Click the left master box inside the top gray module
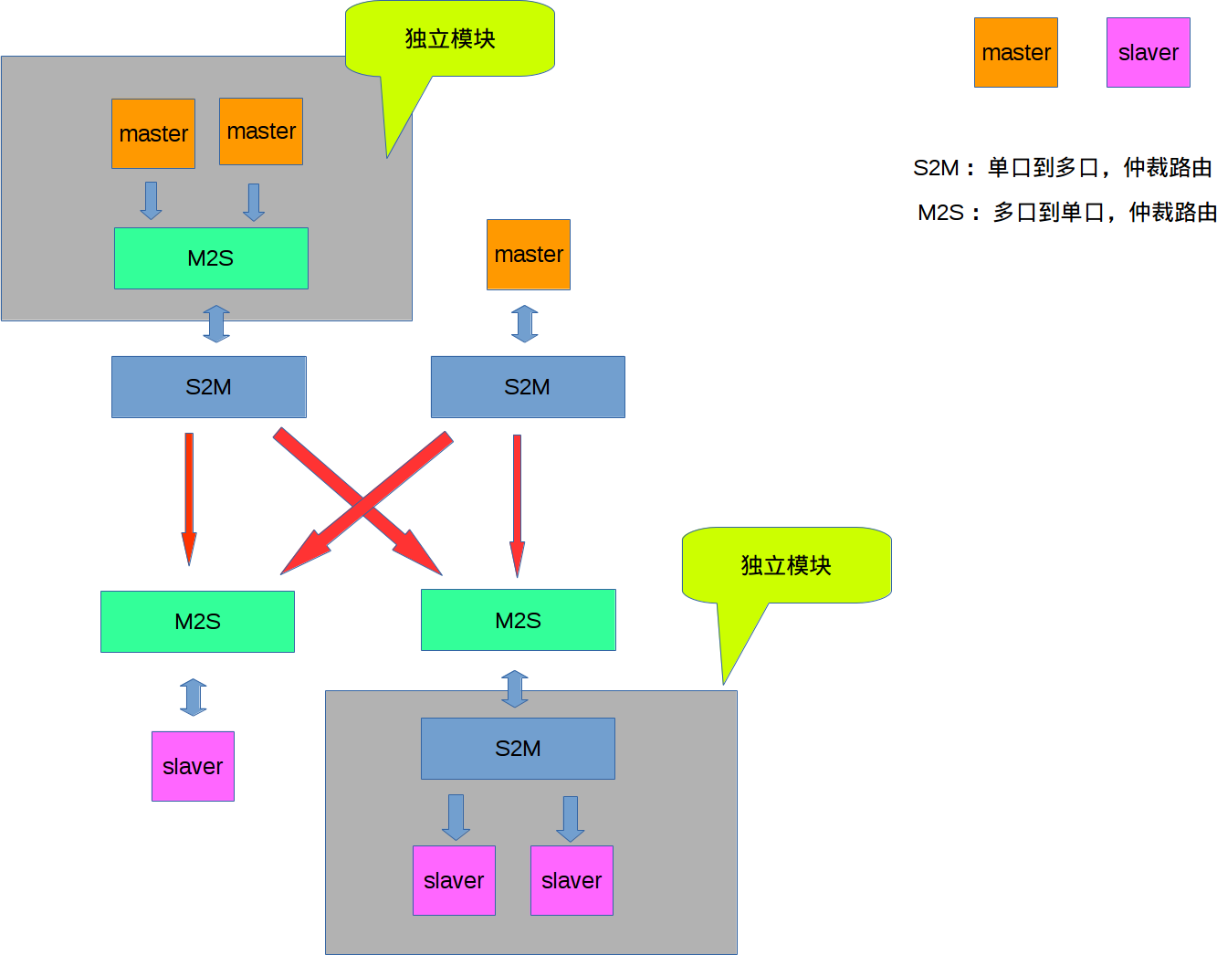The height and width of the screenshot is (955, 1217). (153, 134)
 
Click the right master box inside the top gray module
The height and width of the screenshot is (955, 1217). (261, 131)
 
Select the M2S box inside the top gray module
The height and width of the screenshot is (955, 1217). (211, 258)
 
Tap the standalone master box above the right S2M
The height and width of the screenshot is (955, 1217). (529, 255)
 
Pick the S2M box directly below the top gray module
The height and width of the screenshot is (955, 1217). (209, 387)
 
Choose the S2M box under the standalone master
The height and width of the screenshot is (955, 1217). (528, 387)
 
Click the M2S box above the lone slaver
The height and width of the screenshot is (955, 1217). (197, 622)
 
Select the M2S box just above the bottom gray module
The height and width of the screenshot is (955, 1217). (519, 621)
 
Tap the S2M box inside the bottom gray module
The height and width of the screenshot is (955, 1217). (518, 749)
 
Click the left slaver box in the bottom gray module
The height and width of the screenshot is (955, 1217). (454, 880)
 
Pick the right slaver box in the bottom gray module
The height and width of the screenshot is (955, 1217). (572, 880)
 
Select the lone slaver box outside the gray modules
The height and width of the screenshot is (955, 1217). (193, 766)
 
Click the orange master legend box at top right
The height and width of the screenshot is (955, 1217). (1016, 53)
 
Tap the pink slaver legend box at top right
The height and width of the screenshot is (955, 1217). (1149, 53)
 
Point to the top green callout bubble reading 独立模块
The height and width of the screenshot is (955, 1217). (450, 39)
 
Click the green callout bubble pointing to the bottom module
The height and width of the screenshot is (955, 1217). (786, 566)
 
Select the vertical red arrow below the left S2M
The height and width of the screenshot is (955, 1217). (189, 498)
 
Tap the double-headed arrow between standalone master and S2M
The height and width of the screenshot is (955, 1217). (525, 323)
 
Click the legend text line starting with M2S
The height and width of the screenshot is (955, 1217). (1066, 213)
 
